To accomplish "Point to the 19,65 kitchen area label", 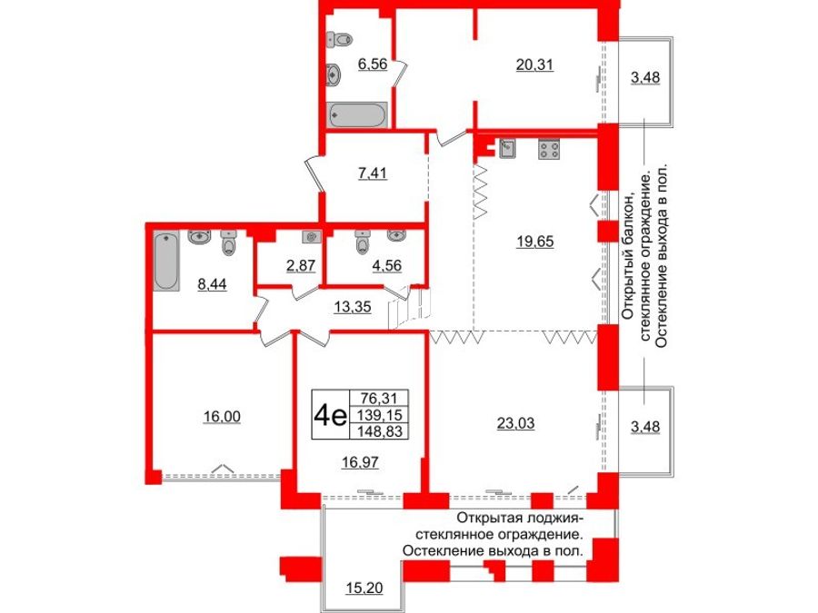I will pos(535,242).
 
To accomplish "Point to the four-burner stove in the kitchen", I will pos(550,149).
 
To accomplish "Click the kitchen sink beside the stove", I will pos(506,149).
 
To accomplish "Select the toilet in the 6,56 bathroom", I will pos(343,40).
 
